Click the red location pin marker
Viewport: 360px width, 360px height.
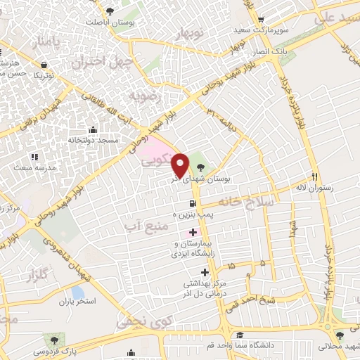tap(181, 165)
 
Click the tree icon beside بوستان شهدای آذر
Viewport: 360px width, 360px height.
tap(202, 167)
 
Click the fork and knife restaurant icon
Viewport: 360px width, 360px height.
tap(315, 176)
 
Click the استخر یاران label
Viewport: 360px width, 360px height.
tap(77, 301)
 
